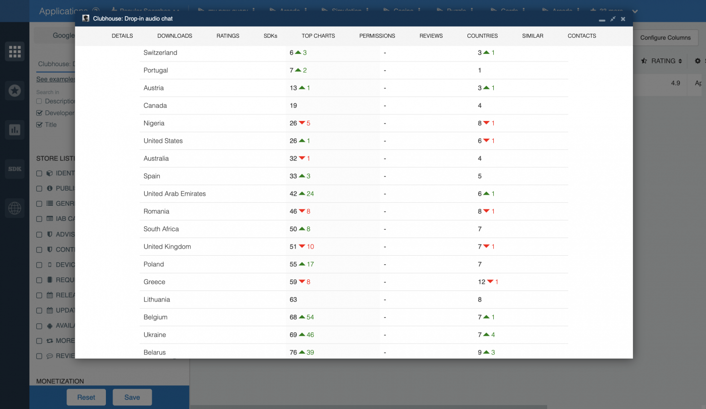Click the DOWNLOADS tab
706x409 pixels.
tap(174, 36)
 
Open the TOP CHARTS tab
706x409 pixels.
tap(318, 36)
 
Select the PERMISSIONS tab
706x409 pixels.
tap(377, 36)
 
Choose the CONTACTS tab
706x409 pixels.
tap(581, 36)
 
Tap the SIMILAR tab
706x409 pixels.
tap(533, 36)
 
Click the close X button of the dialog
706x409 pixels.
tap(623, 19)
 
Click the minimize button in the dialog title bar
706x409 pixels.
tap(602, 19)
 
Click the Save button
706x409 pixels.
tap(132, 397)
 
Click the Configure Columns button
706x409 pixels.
tap(665, 37)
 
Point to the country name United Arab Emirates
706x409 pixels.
tap(174, 194)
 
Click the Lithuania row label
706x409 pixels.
tap(157, 300)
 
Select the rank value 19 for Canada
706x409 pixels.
tap(293, 105)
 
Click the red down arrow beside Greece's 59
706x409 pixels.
tap(302, 281)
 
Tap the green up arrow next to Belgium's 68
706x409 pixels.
tap(302, 317)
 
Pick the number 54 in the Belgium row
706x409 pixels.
tap(310, 317)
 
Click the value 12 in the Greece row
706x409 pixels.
tap(482, 282)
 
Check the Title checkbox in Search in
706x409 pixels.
tap(39, 125)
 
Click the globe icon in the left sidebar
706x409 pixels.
tap(15, 208)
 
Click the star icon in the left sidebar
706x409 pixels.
tap(15, 91)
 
